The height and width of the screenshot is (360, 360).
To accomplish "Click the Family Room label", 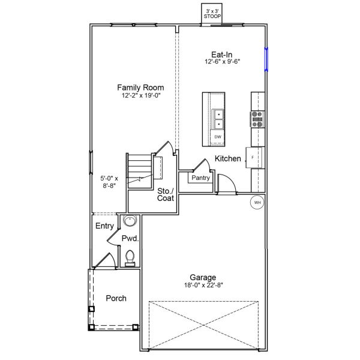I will tap(140, 87).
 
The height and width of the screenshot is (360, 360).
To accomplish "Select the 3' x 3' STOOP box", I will tap(213, 14).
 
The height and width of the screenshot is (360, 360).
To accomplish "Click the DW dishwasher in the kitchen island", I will tap(218, 137).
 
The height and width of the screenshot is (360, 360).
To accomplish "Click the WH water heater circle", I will tap(257, 203).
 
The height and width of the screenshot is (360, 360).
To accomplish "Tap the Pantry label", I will tap(200, 178).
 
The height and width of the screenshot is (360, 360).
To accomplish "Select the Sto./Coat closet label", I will tap(166, 195).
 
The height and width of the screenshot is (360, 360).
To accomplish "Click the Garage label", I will tap(203, 277).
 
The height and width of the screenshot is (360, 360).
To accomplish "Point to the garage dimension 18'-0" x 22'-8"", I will tap(203, 286).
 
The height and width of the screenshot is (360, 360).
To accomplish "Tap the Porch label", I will tap(116, 298).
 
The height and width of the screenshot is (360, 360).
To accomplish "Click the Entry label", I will tap(104, 226).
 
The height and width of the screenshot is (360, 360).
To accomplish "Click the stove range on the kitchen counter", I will tap(257, 119).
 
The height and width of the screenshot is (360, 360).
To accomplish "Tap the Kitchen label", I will tap(228, 159).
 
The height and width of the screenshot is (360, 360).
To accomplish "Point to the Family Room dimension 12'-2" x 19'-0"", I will tap(140, 95).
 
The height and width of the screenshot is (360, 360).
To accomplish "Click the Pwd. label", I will tap(130, 238).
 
